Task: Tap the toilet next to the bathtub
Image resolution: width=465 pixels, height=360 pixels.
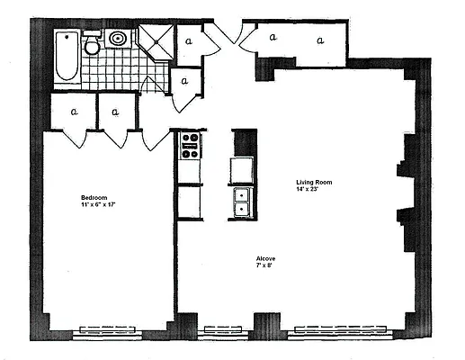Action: click(92, 45)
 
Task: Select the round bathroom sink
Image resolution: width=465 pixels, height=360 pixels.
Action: click(119, 40)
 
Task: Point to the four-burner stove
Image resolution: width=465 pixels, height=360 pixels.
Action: click(190, 146)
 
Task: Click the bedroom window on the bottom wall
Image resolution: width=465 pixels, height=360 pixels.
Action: click(108, 329)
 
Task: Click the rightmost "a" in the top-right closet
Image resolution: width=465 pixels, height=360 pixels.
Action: click(318, 39)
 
